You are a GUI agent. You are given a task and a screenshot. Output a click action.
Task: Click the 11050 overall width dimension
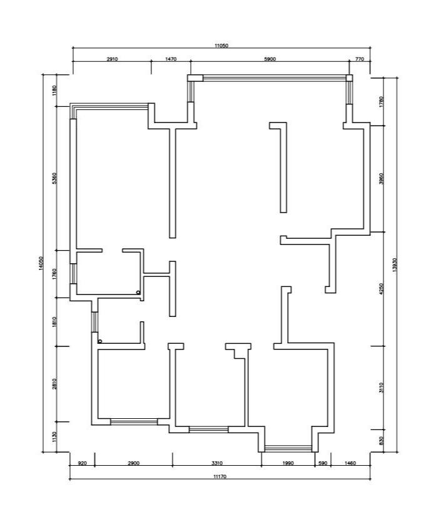221,46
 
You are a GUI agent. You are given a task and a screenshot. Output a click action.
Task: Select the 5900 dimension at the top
270,59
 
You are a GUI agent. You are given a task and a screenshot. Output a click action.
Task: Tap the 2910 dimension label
112,59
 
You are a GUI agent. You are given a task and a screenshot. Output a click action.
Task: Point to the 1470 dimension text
171,59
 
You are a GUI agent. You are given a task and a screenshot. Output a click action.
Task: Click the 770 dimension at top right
360,59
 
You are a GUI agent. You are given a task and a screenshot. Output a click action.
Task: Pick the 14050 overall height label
41,263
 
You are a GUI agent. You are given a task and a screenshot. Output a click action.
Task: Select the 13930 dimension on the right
395,265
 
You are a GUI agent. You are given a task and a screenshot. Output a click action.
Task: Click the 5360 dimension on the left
55,178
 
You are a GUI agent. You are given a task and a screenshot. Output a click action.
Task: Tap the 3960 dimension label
382,178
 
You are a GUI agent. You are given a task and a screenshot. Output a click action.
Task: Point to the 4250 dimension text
382,289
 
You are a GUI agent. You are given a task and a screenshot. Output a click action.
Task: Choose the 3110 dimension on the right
382,388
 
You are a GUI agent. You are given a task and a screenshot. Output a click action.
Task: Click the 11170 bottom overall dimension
220,476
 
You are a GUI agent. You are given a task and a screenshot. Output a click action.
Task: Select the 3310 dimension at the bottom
217,463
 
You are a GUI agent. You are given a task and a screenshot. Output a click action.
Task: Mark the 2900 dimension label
134,463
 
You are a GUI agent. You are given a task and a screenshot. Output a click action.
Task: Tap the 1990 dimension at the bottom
288,463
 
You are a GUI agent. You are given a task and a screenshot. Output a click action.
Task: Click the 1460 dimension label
350,463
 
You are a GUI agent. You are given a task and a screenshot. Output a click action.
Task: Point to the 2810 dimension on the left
55,383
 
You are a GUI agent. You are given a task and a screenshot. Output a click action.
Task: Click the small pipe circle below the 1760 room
138,293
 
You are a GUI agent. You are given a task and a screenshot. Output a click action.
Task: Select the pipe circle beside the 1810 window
99,341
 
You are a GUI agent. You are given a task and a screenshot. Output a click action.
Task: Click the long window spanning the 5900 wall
274,78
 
